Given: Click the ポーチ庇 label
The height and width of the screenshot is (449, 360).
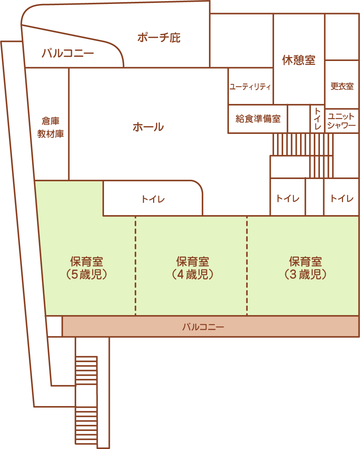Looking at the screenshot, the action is (x=159, y=38).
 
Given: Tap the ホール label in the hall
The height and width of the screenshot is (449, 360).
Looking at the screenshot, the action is (x=148, y=127).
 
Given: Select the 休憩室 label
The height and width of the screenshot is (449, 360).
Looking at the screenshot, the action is (x=299, y=60).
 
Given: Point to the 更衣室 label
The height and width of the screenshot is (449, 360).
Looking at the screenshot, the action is (x=342, y=86).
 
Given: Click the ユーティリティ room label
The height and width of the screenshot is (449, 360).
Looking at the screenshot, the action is (x=250, y=86).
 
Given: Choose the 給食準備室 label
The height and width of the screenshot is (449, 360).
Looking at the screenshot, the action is (x=258, y=118).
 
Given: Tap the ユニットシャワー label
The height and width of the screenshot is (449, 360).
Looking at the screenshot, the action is (x=342, y=121).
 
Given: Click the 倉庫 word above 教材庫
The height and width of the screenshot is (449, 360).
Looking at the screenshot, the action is (x=51, y=121).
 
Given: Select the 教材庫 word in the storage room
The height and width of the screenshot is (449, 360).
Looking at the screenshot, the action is (x=51, y=134).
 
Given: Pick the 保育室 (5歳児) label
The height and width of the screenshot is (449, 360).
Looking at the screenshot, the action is (x=86, y=268).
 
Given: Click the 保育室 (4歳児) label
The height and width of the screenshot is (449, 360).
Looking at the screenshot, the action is (x=192, y=268).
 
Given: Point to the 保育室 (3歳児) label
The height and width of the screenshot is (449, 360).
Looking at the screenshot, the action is (x=305, y=268).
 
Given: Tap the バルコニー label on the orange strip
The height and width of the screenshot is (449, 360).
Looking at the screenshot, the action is (x=203, y=327).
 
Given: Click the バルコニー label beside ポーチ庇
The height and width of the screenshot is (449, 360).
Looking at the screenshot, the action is (x=68, y=53).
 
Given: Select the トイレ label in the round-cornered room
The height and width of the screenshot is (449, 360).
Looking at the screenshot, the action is (x=153, y=199).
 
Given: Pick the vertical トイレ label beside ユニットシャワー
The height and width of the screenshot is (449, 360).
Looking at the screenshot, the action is (x=317, y=118).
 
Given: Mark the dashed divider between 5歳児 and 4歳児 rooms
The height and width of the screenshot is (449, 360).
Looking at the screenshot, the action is (x=135, y=265).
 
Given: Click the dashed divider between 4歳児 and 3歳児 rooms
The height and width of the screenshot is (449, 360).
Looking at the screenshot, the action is (x=247, y=265).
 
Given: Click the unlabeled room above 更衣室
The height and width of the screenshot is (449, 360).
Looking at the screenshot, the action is (x=342, y=37).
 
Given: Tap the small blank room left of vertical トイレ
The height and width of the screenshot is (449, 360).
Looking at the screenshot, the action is (x=299, y=119).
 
